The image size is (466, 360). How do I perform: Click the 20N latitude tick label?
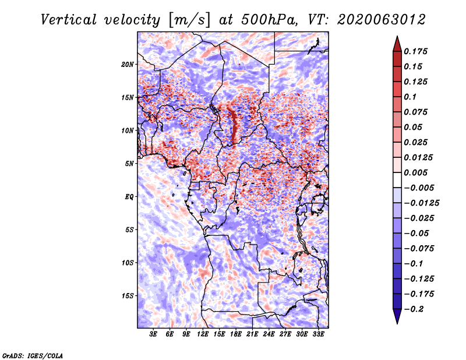128,65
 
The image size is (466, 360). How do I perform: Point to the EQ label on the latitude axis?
129,197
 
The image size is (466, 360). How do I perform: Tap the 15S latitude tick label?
128,296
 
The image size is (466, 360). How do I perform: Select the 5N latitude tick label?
129,164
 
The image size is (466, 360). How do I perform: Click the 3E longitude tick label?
153,334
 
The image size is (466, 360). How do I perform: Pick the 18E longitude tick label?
236,334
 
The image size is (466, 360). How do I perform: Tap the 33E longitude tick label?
318,334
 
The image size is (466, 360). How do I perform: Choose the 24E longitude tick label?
269,334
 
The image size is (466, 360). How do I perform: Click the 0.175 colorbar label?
415,52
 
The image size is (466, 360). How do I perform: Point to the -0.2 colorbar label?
414,309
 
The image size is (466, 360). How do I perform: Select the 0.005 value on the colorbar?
415,172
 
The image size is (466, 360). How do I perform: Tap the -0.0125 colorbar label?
421,203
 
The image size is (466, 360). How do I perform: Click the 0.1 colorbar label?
410,97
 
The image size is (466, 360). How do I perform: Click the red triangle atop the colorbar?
397,44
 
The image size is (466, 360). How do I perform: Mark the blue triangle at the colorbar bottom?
397,316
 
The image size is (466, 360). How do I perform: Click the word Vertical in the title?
69,20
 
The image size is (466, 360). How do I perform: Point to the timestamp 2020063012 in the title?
382,20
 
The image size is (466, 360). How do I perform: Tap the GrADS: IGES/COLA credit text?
33,356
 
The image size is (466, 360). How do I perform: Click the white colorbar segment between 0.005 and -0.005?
397,180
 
